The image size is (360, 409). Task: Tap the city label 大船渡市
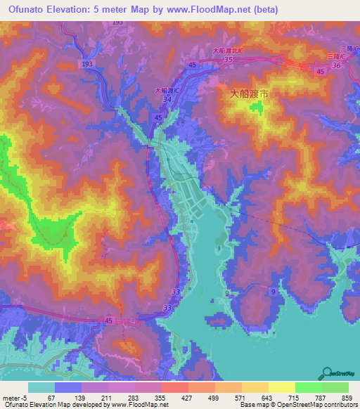point(250,93)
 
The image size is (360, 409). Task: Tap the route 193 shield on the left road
point(86,64)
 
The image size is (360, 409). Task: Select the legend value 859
point(347,397)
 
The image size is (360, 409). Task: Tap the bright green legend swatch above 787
point(308,387)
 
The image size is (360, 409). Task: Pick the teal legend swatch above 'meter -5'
point(41,387)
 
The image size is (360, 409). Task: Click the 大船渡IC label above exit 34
point(166,91)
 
